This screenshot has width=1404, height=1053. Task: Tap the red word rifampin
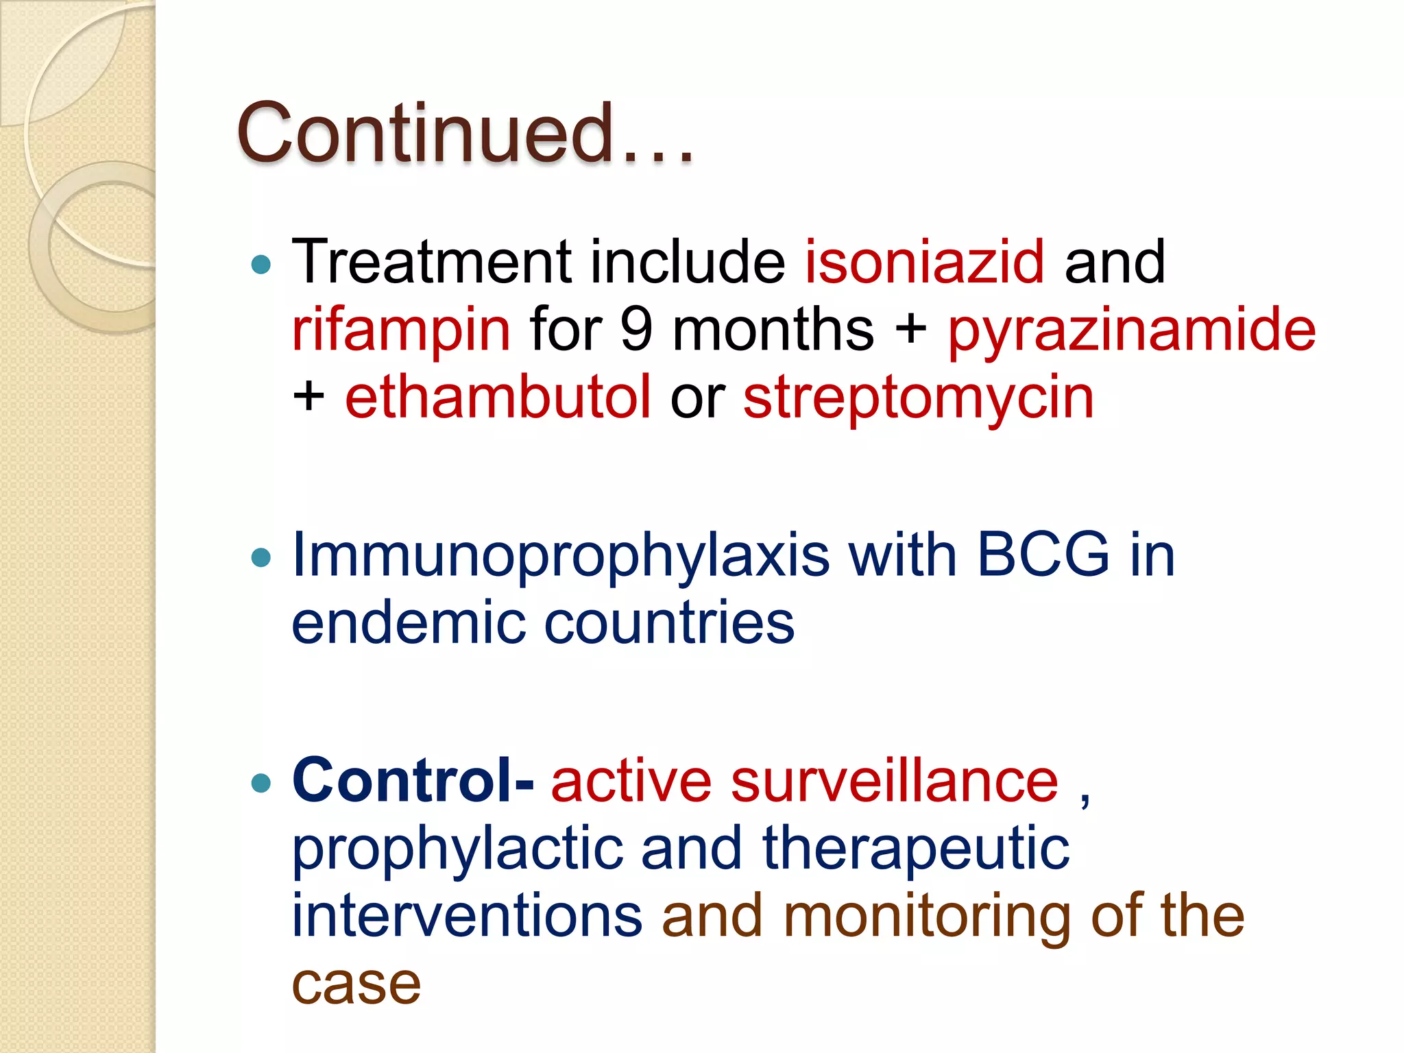[401, 330]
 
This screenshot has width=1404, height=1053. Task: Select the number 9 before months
[636, 329]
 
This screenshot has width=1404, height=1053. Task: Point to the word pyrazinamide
[1131, 330]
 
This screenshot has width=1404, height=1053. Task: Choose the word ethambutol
[498, 397]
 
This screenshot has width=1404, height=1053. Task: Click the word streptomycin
[919, 397]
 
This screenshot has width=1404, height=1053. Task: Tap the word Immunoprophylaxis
[561, 555]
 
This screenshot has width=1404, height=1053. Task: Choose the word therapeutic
[916, 849]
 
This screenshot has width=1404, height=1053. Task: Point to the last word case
[356, 984]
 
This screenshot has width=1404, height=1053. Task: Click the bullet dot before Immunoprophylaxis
[261, 557]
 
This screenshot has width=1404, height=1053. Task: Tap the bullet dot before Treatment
[261, 264]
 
